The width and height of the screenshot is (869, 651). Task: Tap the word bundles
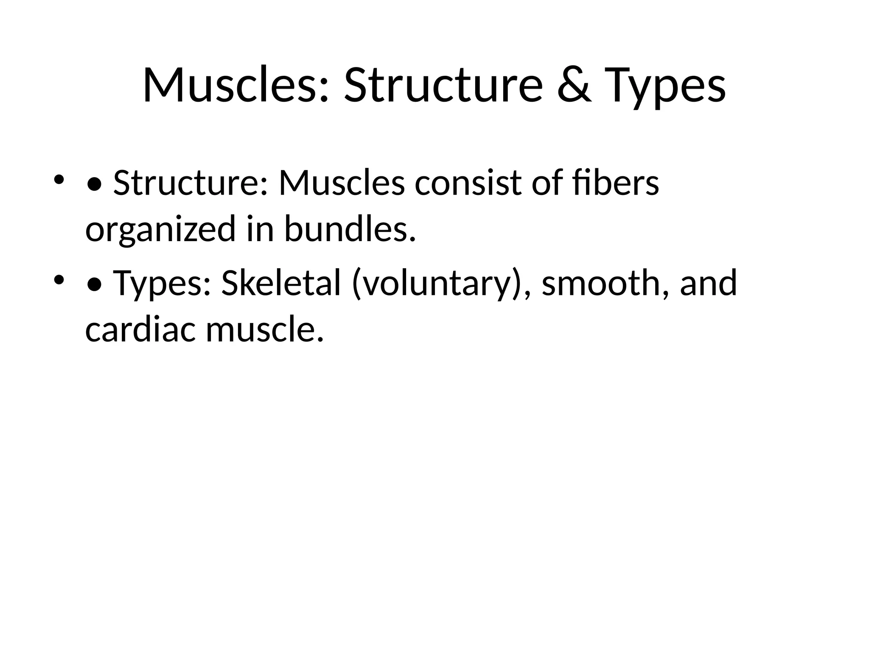pyautogui.click(x=350, y=229)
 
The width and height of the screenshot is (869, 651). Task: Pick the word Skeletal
pyautogui.click(x=281, y=283)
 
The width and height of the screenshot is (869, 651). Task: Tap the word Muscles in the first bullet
pyautogui.click(x=342, y=183)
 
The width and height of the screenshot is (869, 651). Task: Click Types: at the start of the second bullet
pyautogui.click(x=162, y=284)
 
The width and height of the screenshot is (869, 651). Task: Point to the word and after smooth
pyautogui.click(x=708, y=283)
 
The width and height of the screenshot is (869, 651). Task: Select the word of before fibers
pyautogui.click(x=546, y=183)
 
